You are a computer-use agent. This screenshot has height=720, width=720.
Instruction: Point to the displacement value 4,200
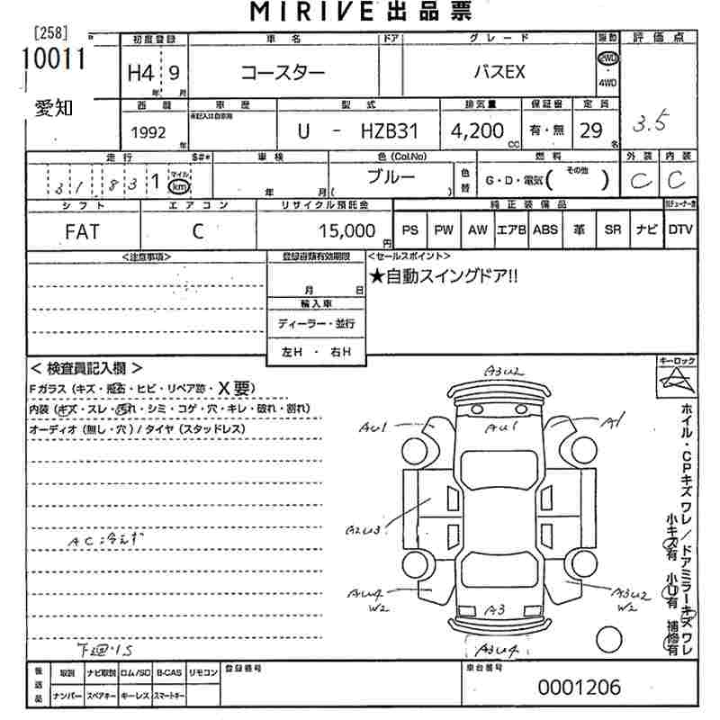pyautogui.click(x=477, y=130)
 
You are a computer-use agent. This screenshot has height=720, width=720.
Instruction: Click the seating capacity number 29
pyautogui.click(x=590, y=130)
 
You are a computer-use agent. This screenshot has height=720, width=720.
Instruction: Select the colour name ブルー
pyautogui.click(x=391, y=176)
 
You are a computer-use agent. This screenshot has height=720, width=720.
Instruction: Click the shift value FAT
pyautogui.click(x=82, y=231)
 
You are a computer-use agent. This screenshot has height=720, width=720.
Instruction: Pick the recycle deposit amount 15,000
pyautogui.click(x=346, y=231)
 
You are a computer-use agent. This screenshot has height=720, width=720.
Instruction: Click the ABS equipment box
pyautogui.click(x=544, y=229)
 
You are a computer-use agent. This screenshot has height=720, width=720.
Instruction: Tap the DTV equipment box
pyautogui.click(x=680, y=229)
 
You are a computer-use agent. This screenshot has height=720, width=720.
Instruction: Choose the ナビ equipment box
pyautogui.click(x=646, y=229)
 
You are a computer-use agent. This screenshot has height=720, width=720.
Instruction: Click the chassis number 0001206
pyautogui.click(x=579, y=688)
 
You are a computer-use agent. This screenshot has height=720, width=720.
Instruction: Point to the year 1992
pyautogui.click(x=148, y=131)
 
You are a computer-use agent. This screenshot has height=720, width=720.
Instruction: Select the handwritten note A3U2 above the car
pyautogui.click(x=502, y=371)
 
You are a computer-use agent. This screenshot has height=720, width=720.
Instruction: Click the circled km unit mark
pyautogui.click(x=180, y=186)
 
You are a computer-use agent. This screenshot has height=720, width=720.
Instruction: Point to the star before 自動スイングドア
pyautogui.click(x=376, y=277)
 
